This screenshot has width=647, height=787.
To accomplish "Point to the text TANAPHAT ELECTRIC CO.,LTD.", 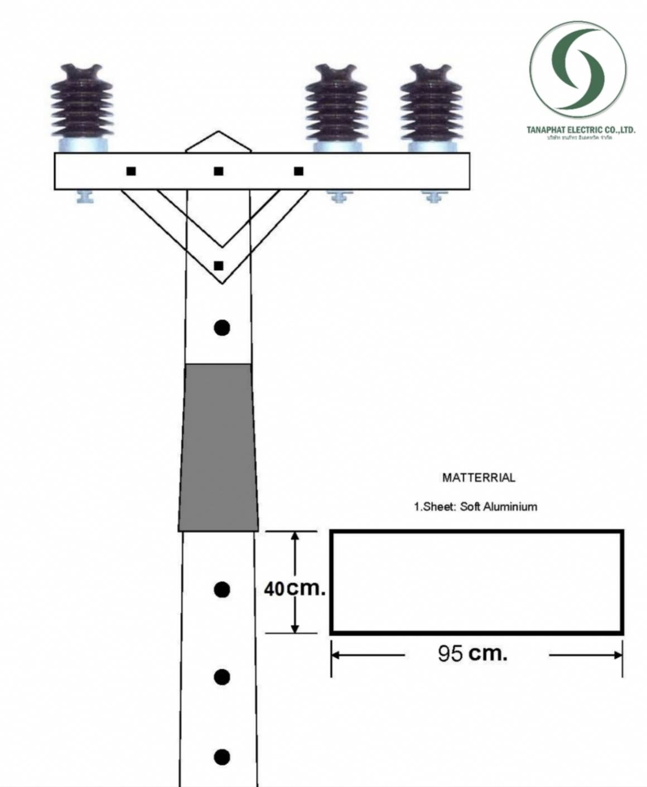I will tap(580, 130).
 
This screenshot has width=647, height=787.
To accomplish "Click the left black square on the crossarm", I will tap(131, 171).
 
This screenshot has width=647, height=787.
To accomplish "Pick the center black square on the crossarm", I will tap(219, 171).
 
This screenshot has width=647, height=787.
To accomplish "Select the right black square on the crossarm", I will tap(299, 171).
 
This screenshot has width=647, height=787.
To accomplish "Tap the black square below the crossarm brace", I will tap(219, 265).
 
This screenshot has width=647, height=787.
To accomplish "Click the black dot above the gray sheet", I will tap(222, 327).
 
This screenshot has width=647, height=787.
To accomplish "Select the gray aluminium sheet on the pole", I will tap(219, 446).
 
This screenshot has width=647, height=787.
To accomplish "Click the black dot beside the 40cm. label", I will tap(222, 589).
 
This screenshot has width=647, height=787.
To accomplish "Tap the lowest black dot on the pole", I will tap(222, 757).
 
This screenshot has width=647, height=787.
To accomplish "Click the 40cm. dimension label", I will tap(294, 588).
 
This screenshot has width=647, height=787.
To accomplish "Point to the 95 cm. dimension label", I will tap(472, 653).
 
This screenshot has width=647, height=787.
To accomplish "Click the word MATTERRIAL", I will tap(479, 477).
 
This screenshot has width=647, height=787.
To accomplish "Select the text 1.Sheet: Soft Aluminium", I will tap(475, 506).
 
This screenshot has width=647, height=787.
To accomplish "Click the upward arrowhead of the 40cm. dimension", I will tap(296, 537).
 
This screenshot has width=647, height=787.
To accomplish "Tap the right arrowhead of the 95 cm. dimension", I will tap(618, 655).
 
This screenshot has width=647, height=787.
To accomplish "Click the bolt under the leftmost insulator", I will tap(85, 197).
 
